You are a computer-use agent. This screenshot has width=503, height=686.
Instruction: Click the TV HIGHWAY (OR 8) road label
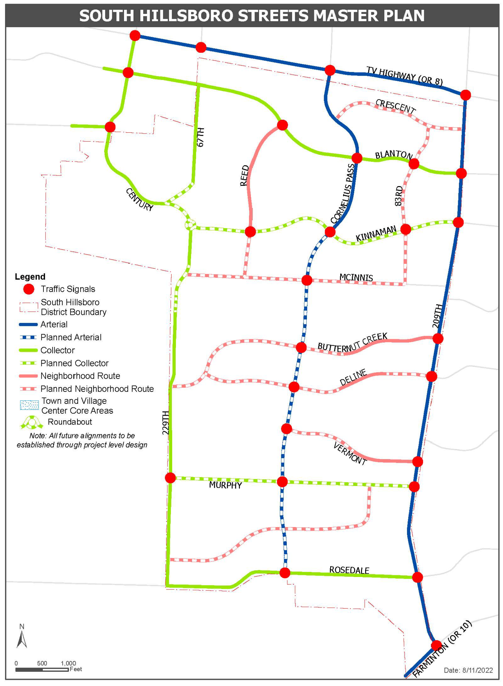pyautogui.click(x=404, y=76)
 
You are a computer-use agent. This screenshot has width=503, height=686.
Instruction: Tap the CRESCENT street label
pyautogui.click(x=395, y=106)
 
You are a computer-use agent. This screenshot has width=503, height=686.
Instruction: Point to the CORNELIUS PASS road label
pyautogui.click(x=343, y=193)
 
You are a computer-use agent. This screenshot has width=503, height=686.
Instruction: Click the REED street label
pyautogui.click(x=245, y=176)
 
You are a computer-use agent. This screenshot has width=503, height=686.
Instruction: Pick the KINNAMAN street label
pyautogui.click(x=376, y=233)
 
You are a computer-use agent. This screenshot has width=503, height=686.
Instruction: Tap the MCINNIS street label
pyautogui.click(x=356, y=277)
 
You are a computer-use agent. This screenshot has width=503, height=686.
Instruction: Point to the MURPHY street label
pyautogui.click(x=225, y=485)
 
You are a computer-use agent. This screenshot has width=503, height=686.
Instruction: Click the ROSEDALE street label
pyautogui.click(x=349, y=570)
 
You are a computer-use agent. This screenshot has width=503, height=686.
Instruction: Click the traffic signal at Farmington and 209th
pyautogui.click(x=436, y=645)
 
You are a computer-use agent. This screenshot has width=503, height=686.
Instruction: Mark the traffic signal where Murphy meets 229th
pyautogui.click(x=170, y=478)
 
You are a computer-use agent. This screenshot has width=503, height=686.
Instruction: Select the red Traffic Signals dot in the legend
pyautogui.click(x=29, y=289)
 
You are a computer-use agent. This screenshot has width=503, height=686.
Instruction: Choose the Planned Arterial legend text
pyautogui.click(x=71, y=337)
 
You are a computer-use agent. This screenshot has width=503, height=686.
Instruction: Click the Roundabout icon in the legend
pyautogui.click(x=31, y=422)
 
